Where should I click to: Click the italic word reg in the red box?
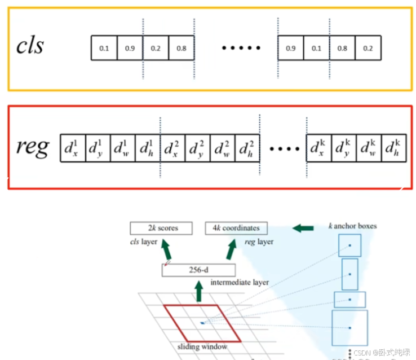[32, 148]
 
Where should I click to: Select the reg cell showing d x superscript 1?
[73, 148]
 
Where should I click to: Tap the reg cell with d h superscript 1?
[147, 148]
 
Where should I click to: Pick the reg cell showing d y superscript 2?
[197, 148]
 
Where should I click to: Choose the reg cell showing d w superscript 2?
[222, 148]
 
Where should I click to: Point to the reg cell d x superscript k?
[318, 148]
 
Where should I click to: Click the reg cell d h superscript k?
[393, 148]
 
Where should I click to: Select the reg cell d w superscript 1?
[122, 148]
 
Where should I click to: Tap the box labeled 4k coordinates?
[237, 229]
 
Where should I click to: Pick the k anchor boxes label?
[352, 226]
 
